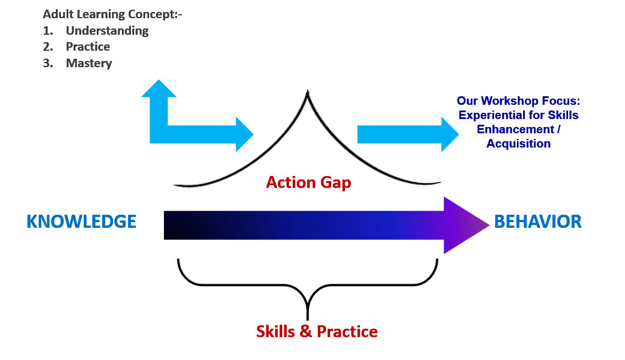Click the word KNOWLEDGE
click(81, 222)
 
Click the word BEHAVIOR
click(538, 222)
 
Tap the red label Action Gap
click(309, 182)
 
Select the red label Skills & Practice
click(316, 331)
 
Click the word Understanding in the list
click(107, 31)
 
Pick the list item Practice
click(88, 47)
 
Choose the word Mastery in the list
click(89, 63)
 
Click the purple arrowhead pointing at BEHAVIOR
click(464, 225)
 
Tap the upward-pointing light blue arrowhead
click(159, 90)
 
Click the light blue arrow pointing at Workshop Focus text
click(407, 134)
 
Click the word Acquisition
click(519, 144)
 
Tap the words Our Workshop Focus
click(518, 101)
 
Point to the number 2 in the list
click(48, 47)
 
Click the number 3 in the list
click(48, 63)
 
